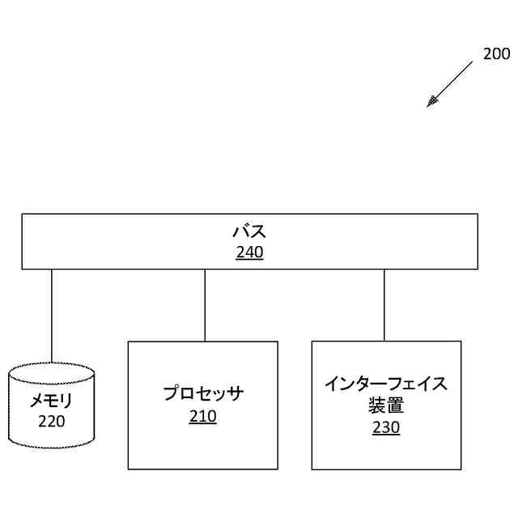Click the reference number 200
point(496,54)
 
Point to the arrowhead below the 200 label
point(432,102)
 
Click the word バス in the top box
point(249,232)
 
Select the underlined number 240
point(249,253)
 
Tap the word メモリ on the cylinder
point(52,401)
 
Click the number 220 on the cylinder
point(52,421)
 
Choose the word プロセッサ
point(202,394)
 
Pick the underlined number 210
point(202,417)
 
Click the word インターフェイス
point(386,384)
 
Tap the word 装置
point(386,405)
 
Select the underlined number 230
point(386,427)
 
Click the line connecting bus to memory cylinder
point(52,316)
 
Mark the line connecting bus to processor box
point(205,305)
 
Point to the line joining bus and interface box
point(384,305)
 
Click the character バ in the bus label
point(240,232)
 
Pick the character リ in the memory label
point(68,401)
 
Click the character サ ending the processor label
point(235,394)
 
